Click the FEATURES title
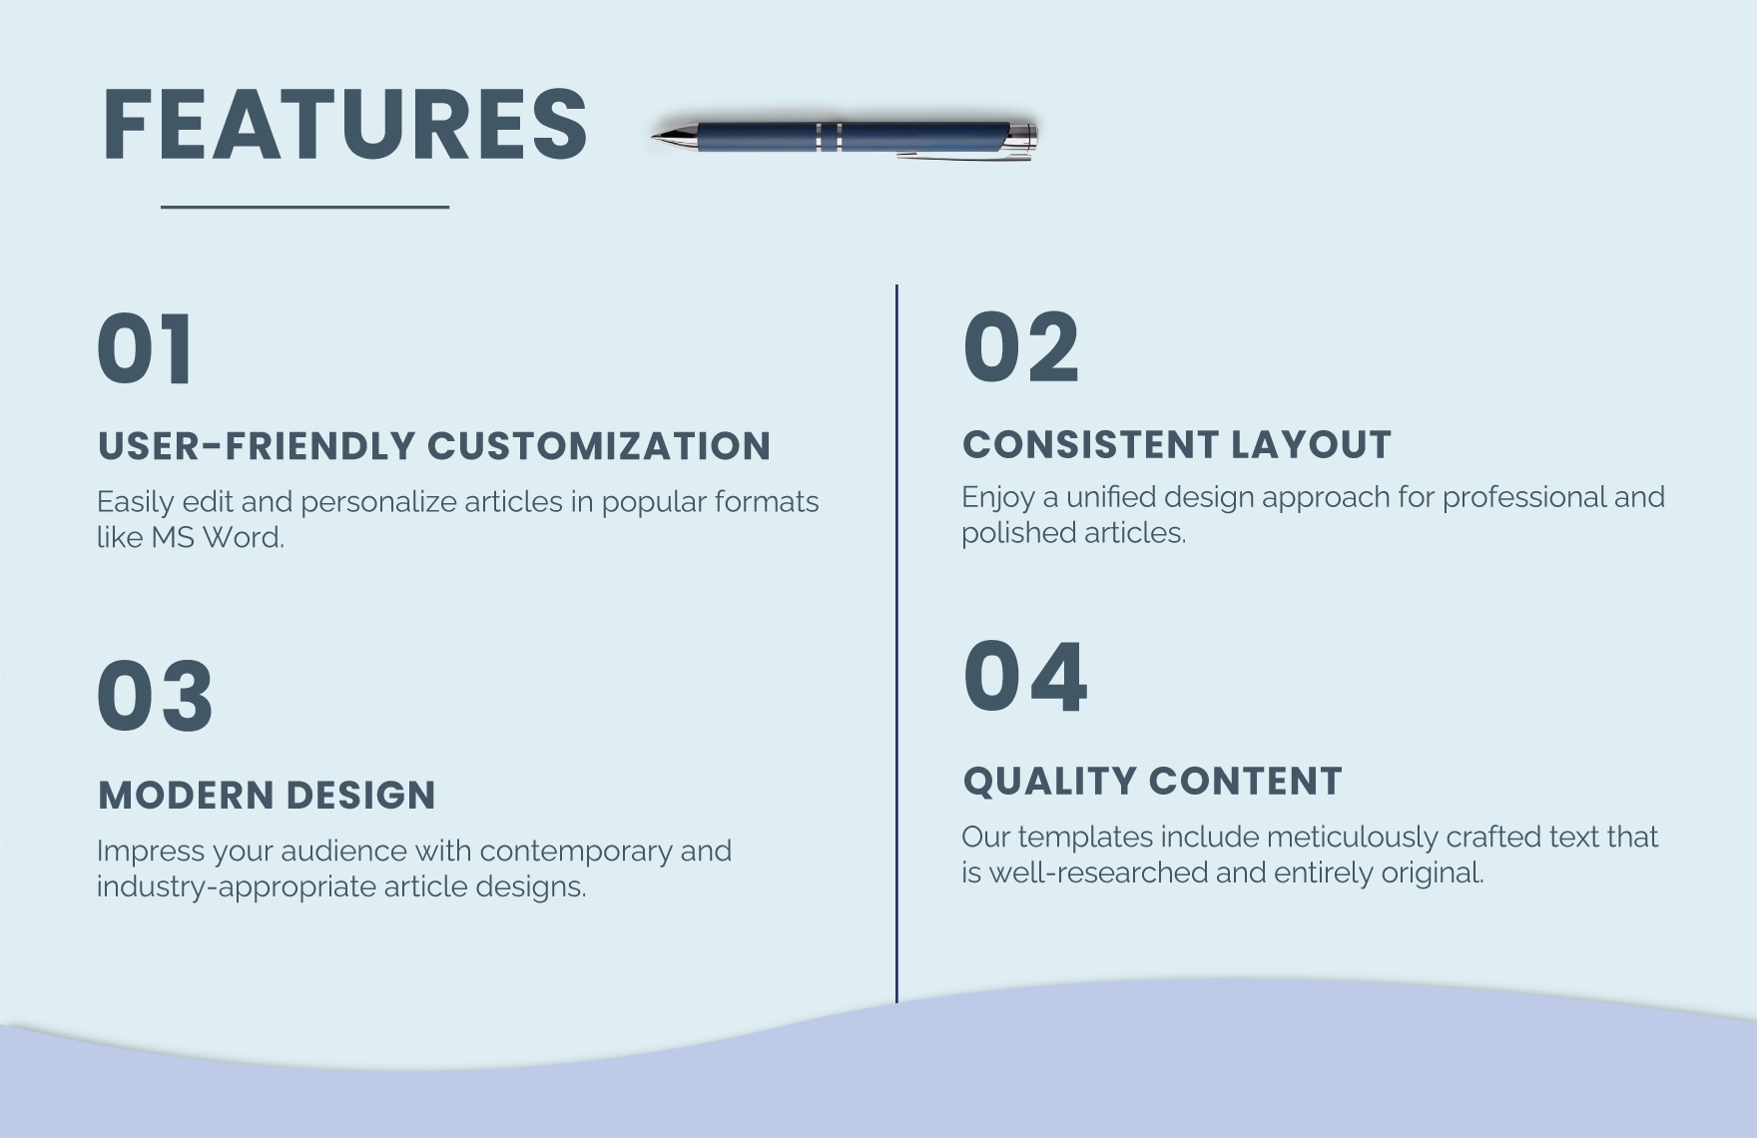tap(344, 125)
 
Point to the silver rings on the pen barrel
tap(829, 137)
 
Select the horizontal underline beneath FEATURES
tap(304, 207)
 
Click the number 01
tap(146, 348)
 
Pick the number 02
tap(1020, 346)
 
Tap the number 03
tap(155, 696)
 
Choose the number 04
tap(1024, 677)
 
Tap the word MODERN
tap(184, 796)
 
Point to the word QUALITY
tap(1047, 782)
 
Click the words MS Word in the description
tap(217, 538)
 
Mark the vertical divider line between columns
tap(896, 639)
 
